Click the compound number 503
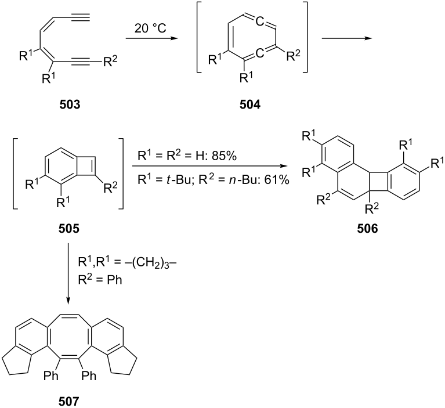click(70, 105)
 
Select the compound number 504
click(249, 105)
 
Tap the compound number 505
click(69, 228)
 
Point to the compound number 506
click(367, 228)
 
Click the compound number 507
click(69, 402)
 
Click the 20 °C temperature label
click(150, 28)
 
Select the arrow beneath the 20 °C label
click(150, 38)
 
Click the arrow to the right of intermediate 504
click(347, 38)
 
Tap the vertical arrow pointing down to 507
click(68, 274)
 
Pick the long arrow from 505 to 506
click(210, 166)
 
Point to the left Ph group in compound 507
click(51, 376)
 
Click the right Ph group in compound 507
click(89, 376)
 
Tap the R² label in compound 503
click(110, 61)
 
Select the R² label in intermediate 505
click(111, 187)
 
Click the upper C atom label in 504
click(259, 21)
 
